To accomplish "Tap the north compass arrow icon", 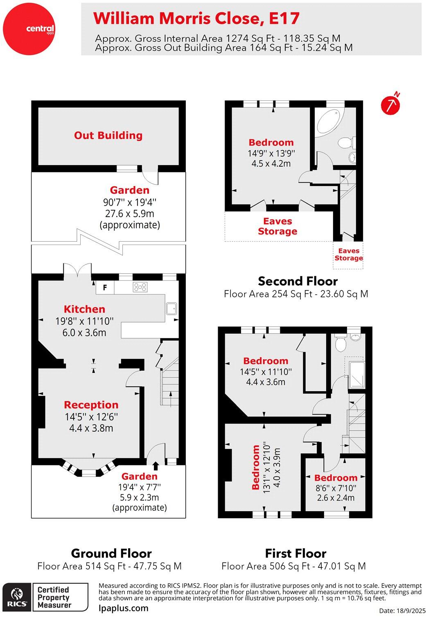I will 390,104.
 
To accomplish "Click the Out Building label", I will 108,136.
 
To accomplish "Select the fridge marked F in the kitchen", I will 105,288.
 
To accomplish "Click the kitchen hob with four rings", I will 140,287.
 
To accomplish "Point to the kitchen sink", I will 171,308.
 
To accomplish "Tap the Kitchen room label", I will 84,309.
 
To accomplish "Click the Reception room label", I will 91,405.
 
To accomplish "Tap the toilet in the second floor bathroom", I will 346,142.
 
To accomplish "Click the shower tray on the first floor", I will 356,374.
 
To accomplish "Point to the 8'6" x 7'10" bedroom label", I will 336,478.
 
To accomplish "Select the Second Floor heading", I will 298,281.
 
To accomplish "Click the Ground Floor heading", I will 111,553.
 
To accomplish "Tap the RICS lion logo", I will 17,596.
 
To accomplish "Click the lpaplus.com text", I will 124,608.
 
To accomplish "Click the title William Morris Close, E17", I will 196,18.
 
